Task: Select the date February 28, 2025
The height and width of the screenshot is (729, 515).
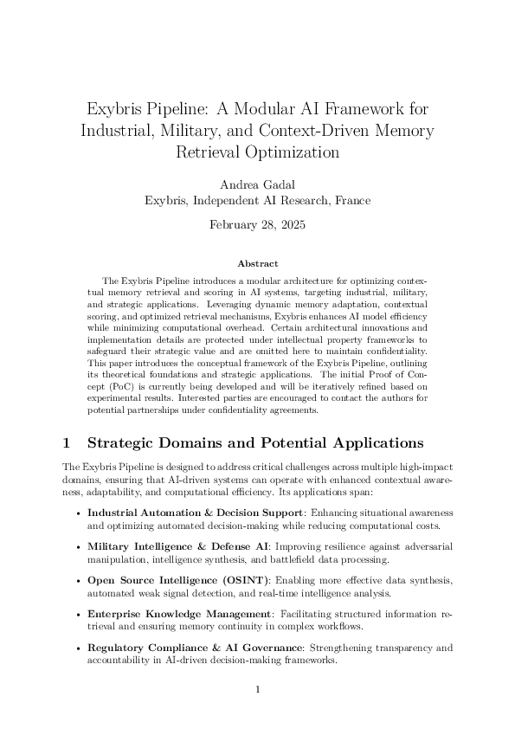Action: coord(257,225)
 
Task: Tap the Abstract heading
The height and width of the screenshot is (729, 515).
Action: coord(257,262)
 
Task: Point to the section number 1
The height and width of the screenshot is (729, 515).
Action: coord(66,442)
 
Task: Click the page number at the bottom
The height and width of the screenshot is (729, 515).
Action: coord(257,689)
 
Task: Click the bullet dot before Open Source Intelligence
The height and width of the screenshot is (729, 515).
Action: coord(80,579)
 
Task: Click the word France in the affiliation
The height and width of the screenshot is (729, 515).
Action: coord(352,200)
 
